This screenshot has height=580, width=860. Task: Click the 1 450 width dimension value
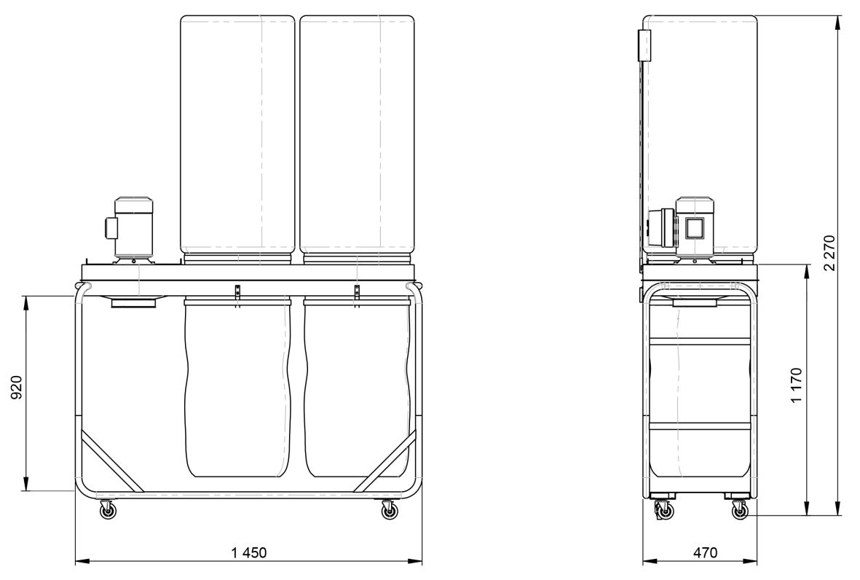coord(248,552)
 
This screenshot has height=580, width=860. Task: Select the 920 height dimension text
coord(17,388)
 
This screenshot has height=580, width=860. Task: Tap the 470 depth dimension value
coord(705,552)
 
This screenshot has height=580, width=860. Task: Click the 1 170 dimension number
coord(797,385)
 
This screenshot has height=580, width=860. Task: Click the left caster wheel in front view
coord(108,510)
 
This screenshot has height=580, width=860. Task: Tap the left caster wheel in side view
coord(664,511)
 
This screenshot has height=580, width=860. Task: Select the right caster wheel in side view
coord(739,511)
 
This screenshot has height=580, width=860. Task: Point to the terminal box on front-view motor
coord(111,227)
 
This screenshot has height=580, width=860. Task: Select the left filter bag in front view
coord(237,135)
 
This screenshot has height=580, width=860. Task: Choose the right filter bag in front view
coord(357,135)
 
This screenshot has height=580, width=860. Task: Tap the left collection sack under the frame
coord(237,388)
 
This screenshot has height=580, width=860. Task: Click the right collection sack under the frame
coord(357,388)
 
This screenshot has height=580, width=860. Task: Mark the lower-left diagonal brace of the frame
coord(112,461)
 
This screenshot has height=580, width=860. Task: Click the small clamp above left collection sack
coord(237,293)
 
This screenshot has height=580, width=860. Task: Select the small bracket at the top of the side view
coord(644,46)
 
